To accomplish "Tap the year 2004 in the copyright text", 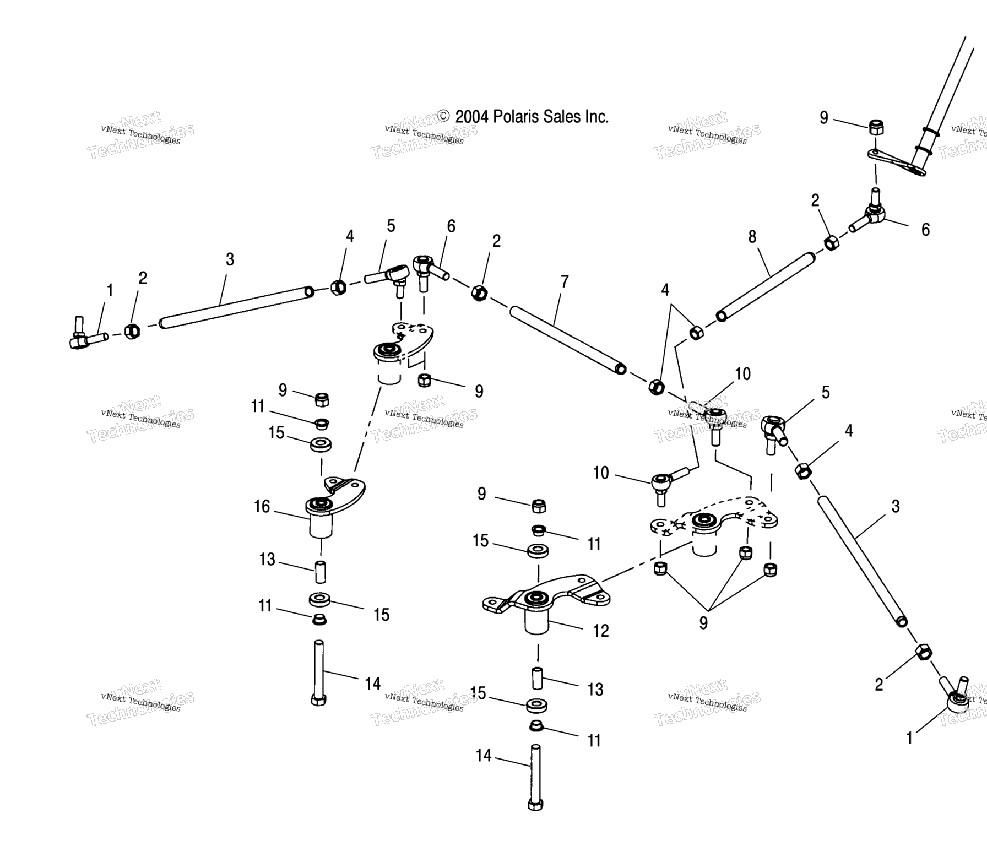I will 472,117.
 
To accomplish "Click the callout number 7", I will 565,282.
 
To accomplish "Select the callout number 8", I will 752,237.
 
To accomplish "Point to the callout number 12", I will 601,631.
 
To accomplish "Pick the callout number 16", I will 262,506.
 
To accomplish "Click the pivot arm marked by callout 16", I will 333,501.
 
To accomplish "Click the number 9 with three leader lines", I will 703,622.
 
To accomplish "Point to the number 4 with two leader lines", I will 665,290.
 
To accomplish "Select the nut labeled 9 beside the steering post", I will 876,128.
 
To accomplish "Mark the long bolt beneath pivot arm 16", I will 319,672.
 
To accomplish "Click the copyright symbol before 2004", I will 444,116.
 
